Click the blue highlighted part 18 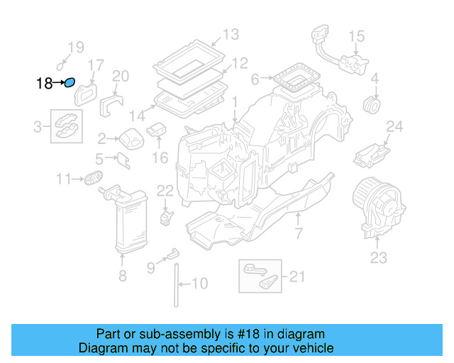(x=70, y=84)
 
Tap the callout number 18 (x=44, y=84)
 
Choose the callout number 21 (x=296, y=276)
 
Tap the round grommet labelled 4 (x=371, y=105)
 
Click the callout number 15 (x=356, y=35)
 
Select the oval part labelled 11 (x=92, y=178)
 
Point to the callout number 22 (x=165, y=190)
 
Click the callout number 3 (x=38, y=127)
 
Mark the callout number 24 (x=394, y=127)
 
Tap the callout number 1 (x=233, y=104)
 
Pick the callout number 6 (x=255, y=79)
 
